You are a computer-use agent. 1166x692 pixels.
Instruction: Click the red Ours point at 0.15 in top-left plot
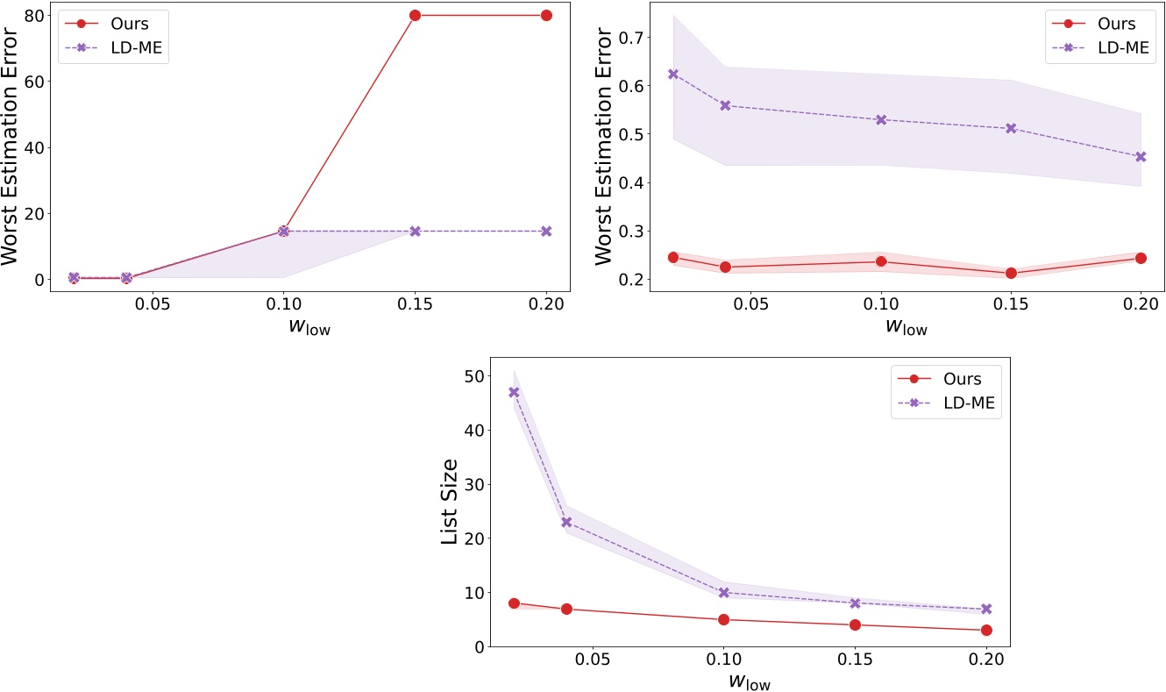pos(415,15)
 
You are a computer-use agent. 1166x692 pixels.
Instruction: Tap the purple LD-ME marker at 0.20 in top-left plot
pos(546,231)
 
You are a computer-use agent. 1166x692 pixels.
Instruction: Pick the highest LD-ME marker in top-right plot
pos(673,74)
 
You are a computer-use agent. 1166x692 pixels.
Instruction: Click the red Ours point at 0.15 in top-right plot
pos(1011,273)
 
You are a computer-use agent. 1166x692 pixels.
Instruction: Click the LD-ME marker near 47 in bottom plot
pos(515,392)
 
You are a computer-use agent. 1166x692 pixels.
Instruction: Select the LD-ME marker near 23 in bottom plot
pos(566,522)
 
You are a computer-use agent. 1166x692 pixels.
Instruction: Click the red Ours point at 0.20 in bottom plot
pos(986,630)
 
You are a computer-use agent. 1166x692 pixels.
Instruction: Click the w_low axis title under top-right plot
pos(906,327)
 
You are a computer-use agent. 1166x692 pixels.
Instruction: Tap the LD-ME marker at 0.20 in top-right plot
pos(1141,157)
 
